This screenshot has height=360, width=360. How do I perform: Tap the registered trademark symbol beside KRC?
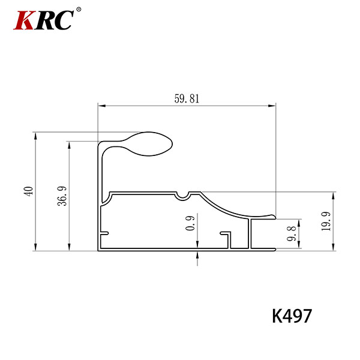click(x=79, y=10)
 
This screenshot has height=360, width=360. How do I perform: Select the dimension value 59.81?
click(x=187, y=99)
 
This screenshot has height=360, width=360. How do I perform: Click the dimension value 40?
click(x=29, y=191)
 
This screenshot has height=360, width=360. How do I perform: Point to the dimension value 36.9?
click(x=62, y=196)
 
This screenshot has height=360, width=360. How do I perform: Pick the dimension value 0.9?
click(x=190, y=223)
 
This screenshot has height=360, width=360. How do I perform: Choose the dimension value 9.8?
click(x=292, y=234)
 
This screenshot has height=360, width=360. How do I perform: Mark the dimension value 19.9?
click(x=326, y=221)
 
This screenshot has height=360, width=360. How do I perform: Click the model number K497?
click(x=292, y=316)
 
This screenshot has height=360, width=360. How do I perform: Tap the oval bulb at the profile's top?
click(x=149, y=144)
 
